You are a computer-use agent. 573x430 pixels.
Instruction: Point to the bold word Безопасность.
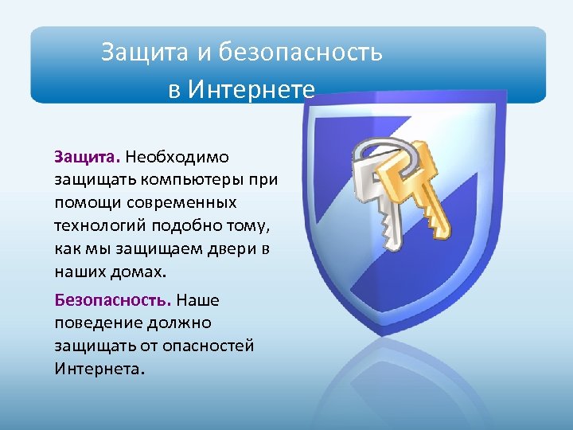point(112,300)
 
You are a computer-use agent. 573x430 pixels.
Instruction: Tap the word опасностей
point(209,346)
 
